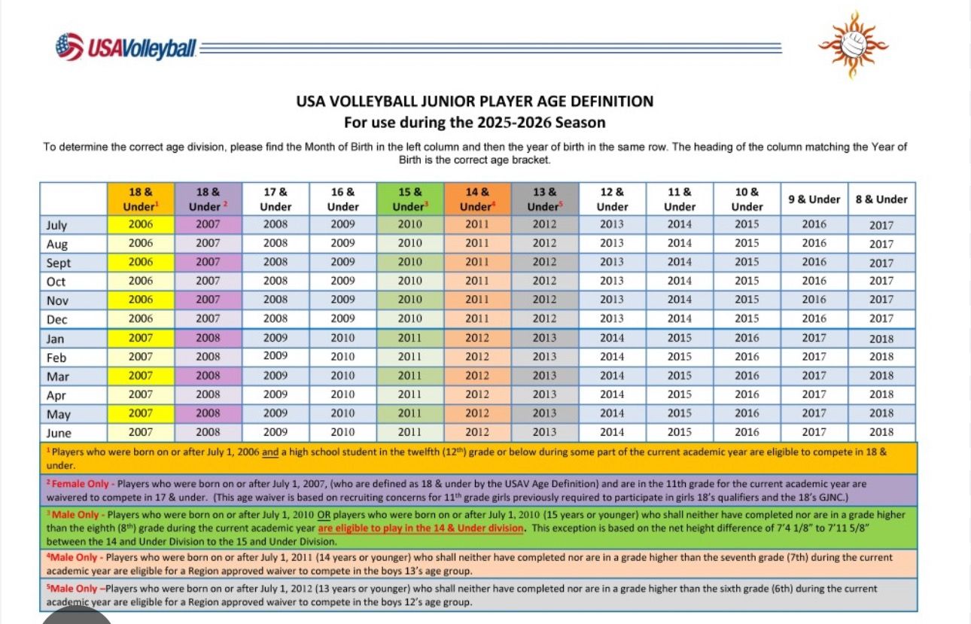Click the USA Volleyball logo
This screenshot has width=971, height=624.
(x=126, y=47)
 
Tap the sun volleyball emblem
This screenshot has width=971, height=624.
(x=853, y=44)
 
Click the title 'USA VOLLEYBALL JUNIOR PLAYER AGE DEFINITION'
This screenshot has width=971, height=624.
(x=475, y=102)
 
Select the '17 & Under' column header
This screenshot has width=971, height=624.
(x=275, y=199)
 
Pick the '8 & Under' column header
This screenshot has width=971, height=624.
(x=881, y=199)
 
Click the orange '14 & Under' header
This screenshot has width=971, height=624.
(x=477, y=199)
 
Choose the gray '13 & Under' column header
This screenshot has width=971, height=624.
(x=545, y=199)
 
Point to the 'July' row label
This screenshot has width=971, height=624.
(x=56, y=225)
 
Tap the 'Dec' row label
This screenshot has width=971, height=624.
(x=56, y=319)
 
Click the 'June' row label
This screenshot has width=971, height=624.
(x=59, y=433)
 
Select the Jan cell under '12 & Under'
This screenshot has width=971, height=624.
(x=612, y=338)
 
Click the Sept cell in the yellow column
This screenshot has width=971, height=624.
(x=141, y=262)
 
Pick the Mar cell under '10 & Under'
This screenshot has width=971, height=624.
(x=747, y=376)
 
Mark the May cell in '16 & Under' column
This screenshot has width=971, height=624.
(x=343, y=413)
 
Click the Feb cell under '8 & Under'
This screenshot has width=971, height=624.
(x=881, y=357)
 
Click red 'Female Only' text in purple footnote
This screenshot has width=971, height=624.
(x=81, y=483)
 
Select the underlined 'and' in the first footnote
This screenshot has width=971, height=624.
(x=270, y=452)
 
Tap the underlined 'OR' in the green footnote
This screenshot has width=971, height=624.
(x=324, y=515)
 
